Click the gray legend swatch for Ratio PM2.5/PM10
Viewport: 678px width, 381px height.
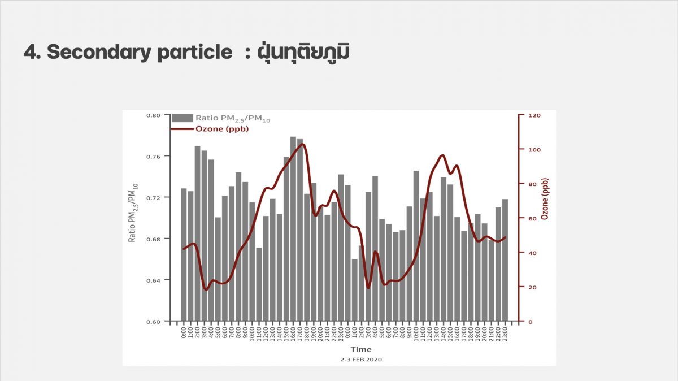(182, 118)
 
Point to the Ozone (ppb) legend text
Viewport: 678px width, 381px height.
(223, 129)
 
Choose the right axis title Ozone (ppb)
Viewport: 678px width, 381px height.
(545, 199)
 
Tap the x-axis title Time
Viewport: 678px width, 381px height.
(360, 349)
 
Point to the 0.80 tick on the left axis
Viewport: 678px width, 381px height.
(154, 115)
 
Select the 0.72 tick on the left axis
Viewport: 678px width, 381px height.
(154, 198)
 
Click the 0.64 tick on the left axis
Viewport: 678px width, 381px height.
(154, 280)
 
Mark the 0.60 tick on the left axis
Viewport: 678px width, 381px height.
(154, 322)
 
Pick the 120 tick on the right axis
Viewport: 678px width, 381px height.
(534, 115)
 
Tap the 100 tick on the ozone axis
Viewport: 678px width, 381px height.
(534, 150)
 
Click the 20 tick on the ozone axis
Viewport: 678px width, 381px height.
(532, 287)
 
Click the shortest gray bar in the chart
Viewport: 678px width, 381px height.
(355, 290)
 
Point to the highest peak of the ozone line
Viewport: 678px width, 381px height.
(303, 144)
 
